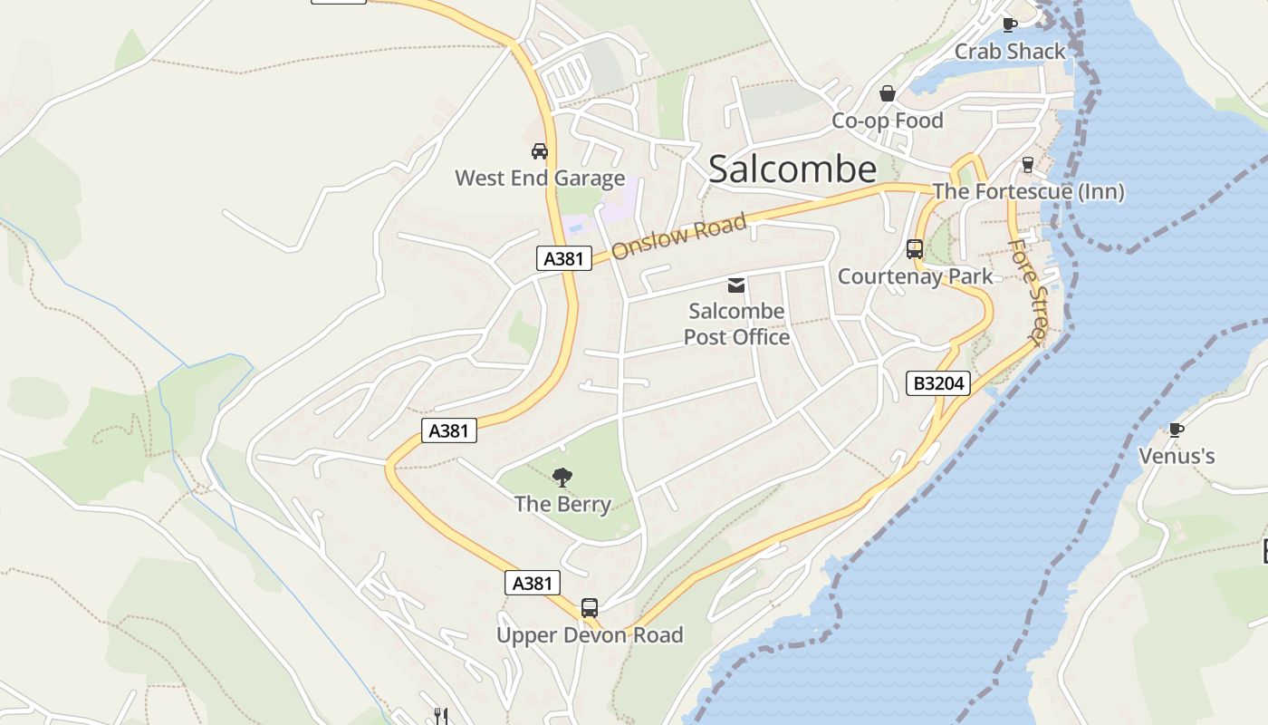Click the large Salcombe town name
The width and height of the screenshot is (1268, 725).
[x=792, y=169]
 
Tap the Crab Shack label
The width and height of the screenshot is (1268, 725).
[x=1010, y=52]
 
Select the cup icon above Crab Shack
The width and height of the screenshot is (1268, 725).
[x=1009, y=24]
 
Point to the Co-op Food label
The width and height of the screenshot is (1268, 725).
[x=888, y=121]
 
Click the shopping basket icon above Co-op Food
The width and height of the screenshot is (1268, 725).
[x=888, y=93]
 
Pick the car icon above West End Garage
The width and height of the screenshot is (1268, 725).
[x=540, y=150]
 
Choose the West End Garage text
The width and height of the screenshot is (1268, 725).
[x=540, y=178]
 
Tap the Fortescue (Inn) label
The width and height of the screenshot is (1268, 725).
[x=1028, y=191]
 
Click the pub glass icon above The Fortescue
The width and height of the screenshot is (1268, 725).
[x=1027, y=164]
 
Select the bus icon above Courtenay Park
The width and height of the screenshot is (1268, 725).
[x=915, y=248]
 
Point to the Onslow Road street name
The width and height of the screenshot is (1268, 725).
[x=679, y=236]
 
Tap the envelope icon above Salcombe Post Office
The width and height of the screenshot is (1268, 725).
[x=736, y=285]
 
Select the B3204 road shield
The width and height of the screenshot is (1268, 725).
[x=938, y=383]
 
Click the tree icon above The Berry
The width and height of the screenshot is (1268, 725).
[x=562, y=477]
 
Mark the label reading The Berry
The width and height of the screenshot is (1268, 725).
[x=562, y=504]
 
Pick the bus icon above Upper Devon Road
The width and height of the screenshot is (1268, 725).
[x=590, y=607]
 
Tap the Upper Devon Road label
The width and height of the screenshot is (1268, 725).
[x=590, y=635]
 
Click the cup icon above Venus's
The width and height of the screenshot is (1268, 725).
[x=1176, y=429]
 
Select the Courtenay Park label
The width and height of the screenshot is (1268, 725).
[x=915, y=276]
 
